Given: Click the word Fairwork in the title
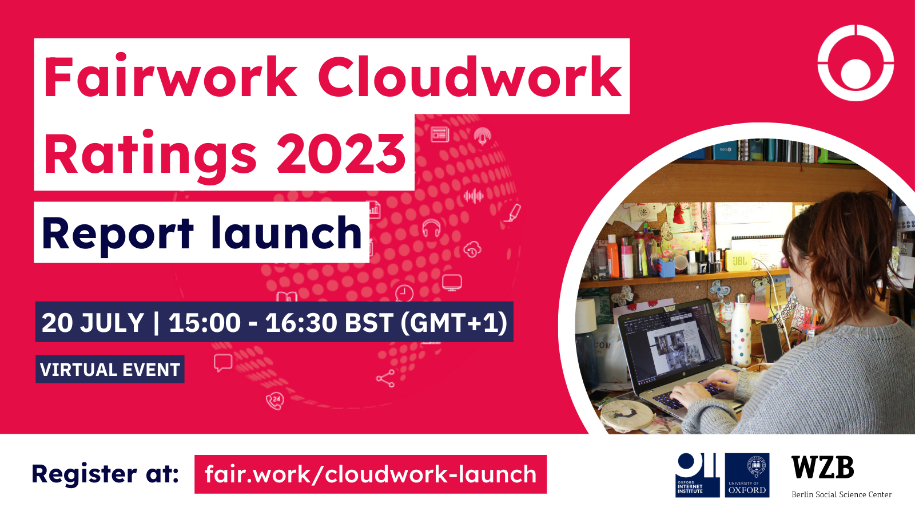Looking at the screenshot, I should [170, 77].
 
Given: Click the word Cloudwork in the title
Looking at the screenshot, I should [469, 77].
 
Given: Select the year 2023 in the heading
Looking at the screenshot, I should [341, 153].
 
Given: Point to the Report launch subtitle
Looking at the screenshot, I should [202, 233].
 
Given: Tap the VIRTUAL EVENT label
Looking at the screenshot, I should [110, 370].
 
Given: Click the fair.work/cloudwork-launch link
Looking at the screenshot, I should [371, 474].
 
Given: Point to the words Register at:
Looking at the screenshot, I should [105, 474].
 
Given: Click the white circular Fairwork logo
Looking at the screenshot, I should [855, 63].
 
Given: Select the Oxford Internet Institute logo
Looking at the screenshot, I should [697, 475].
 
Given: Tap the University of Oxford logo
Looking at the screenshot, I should [747, 475].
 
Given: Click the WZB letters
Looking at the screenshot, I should [822, 468].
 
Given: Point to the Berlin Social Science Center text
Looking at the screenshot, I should [841, 494].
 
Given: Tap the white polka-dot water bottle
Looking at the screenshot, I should [741, 332].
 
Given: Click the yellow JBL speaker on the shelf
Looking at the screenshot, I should [739, 260].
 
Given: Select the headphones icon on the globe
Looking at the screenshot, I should [431, 228].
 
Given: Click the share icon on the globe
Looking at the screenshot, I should [385, 378].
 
